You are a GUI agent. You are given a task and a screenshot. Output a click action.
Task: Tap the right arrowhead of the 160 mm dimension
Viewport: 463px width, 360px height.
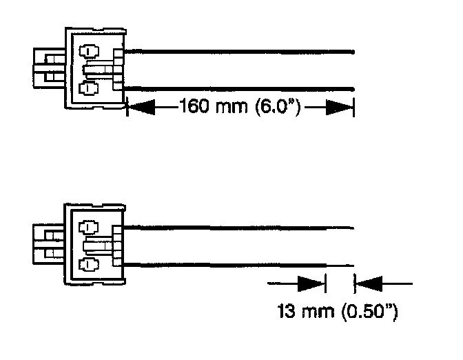(x=340, y=107)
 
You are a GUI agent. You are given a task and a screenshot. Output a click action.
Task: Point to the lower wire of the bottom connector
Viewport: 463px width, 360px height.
(x=227, y=264)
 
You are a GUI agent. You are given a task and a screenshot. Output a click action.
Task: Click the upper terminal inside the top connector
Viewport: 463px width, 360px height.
(x=89, y=52)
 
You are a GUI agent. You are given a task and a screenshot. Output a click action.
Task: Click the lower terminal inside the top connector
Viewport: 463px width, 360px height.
(x=89, y=88)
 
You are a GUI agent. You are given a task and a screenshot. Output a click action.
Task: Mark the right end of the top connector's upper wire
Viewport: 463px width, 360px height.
(x=352, y=50)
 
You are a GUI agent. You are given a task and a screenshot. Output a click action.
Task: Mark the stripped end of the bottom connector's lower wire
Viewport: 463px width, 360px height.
(x=340, y=265)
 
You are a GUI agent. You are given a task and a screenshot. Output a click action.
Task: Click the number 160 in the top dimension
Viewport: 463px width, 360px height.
(x=194, y=107)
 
